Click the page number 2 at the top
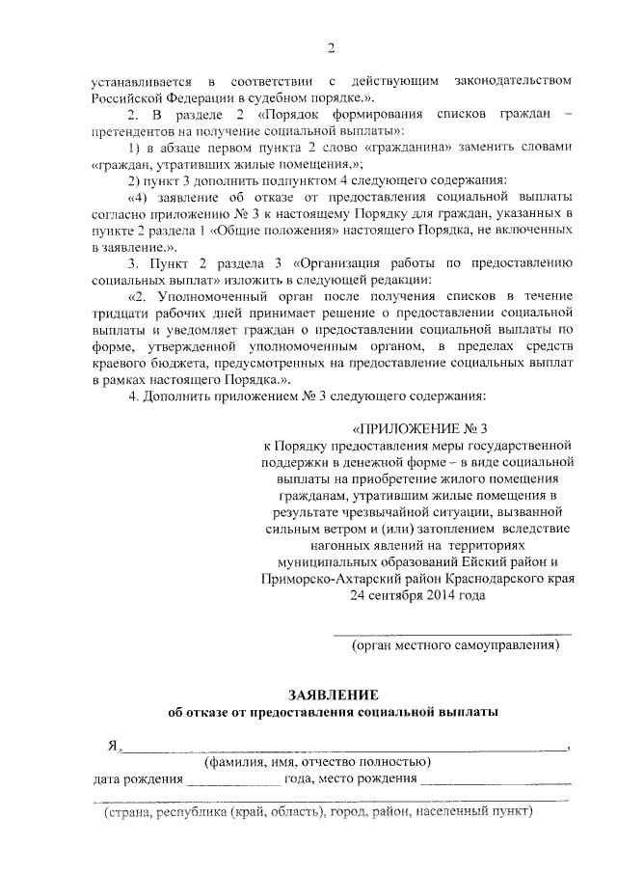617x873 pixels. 330,48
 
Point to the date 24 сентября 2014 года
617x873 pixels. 418,595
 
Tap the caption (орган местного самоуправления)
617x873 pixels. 455,643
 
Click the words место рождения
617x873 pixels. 368,779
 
